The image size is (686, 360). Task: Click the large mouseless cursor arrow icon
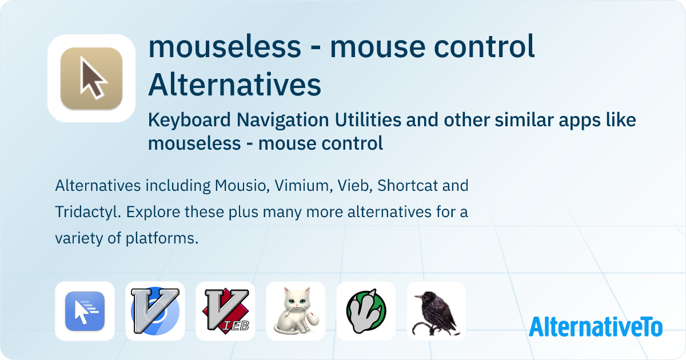[91, 78]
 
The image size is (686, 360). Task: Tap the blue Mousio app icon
[85, 311]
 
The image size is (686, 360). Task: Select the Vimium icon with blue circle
[155, 311]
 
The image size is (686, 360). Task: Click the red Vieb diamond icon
[225, 311]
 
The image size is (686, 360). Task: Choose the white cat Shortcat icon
[296, 311]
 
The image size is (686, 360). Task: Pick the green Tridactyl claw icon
[366, 311]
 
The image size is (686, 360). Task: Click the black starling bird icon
[436, 311]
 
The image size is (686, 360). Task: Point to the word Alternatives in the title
[234, 85]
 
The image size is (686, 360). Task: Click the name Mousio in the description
[240, 186]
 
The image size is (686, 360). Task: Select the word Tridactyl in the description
[87, 212]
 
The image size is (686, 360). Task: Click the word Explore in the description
[150, 212]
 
